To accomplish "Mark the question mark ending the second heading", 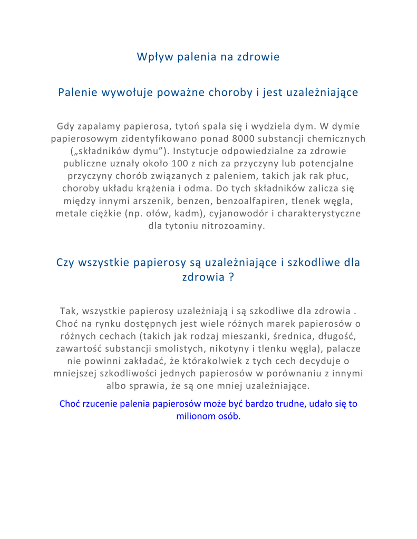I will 231,277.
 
